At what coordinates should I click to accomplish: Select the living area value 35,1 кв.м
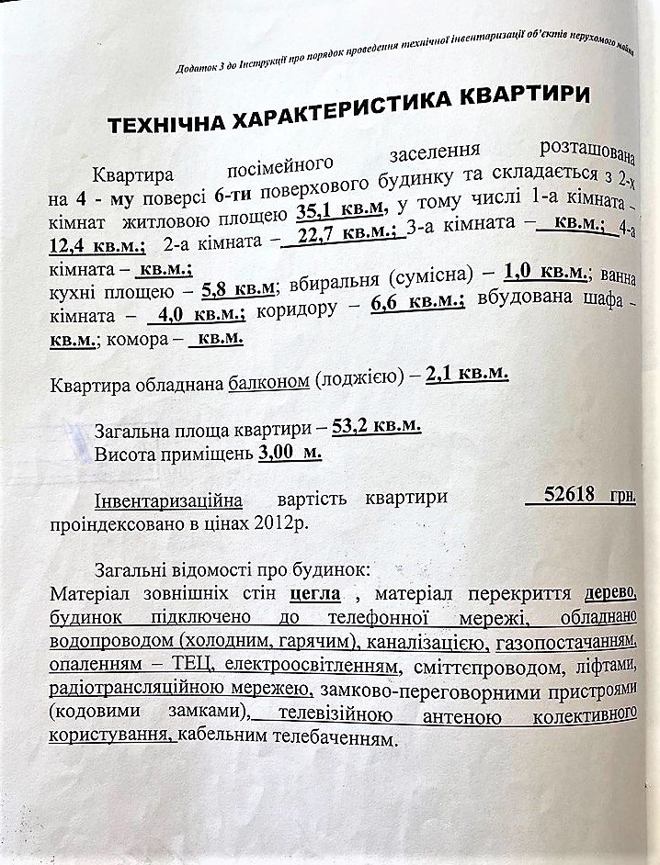click(341, 212)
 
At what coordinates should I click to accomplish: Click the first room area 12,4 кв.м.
click(97, 245)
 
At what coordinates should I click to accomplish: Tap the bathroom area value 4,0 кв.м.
click(199, 314)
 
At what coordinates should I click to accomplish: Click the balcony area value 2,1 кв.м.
click(467, 375)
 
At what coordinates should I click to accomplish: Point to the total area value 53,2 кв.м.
click(377, 426)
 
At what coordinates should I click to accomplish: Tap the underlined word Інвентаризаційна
click(168, 500)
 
